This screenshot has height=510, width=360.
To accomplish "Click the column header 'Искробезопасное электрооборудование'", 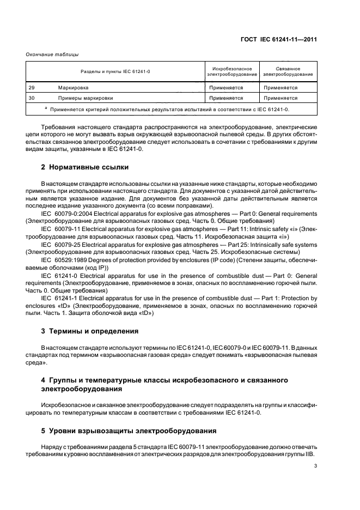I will (x=232, y=71).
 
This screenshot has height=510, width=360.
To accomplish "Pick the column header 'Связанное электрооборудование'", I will (x=288, y=71).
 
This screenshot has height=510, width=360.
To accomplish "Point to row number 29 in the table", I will (x=31, y=87).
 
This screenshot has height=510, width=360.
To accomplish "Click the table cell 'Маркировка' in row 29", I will (x=73, y=87).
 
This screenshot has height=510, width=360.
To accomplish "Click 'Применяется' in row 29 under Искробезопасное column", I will (x=225, y=87).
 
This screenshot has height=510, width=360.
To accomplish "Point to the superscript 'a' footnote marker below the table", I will (x=46, y=108).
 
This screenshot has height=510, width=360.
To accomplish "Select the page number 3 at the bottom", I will (x=315, y=466).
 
